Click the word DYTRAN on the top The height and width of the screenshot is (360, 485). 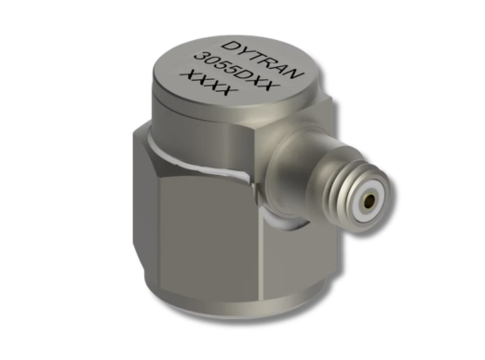[263, 60]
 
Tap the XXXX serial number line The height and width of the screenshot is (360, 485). [210, 83]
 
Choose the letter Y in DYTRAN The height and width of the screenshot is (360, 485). [243, 51]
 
